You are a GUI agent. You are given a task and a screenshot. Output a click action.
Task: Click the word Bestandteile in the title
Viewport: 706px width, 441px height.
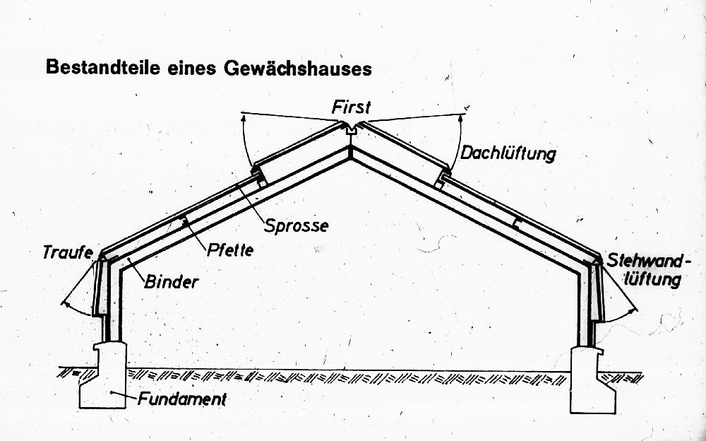coord(103,67)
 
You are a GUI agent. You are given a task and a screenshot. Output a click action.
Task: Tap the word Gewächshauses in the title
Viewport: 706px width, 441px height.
coord(297,68)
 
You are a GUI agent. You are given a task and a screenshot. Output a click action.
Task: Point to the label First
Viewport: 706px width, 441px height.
coord(351,107)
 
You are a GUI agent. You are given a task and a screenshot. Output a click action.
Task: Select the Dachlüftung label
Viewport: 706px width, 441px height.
coord(508,154)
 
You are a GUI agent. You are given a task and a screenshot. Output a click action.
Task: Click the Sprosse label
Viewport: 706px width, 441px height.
coord(296,225)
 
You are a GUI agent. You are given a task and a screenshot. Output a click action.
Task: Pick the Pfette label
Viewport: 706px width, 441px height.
coord(230,249)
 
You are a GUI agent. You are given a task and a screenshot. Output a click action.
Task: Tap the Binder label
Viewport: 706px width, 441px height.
coord(172,282)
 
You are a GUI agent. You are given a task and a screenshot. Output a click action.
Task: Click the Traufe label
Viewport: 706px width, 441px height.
coord(68,252)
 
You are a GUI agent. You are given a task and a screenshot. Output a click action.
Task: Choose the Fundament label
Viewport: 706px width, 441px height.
coord(182,399)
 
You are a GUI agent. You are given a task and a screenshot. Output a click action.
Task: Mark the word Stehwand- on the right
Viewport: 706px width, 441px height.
coord(642,261)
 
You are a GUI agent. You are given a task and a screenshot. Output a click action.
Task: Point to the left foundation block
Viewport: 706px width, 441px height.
coord(103,375)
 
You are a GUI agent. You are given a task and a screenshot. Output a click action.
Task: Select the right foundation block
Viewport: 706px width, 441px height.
coord(593,380)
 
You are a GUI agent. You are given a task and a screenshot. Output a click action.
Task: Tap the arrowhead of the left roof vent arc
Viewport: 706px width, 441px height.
coord(244,118)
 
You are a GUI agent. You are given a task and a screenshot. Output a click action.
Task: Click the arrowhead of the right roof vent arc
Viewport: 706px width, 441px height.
coord(461,117)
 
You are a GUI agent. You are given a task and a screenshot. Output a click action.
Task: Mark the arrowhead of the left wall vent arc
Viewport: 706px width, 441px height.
coord(65,305)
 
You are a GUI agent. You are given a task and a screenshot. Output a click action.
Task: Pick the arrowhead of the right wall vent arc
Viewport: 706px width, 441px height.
coord(633,310)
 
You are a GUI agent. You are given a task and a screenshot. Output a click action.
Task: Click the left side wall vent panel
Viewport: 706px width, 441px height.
coord(101,286)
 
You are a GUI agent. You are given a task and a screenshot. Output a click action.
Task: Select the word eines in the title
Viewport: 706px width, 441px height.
coord(191,68)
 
